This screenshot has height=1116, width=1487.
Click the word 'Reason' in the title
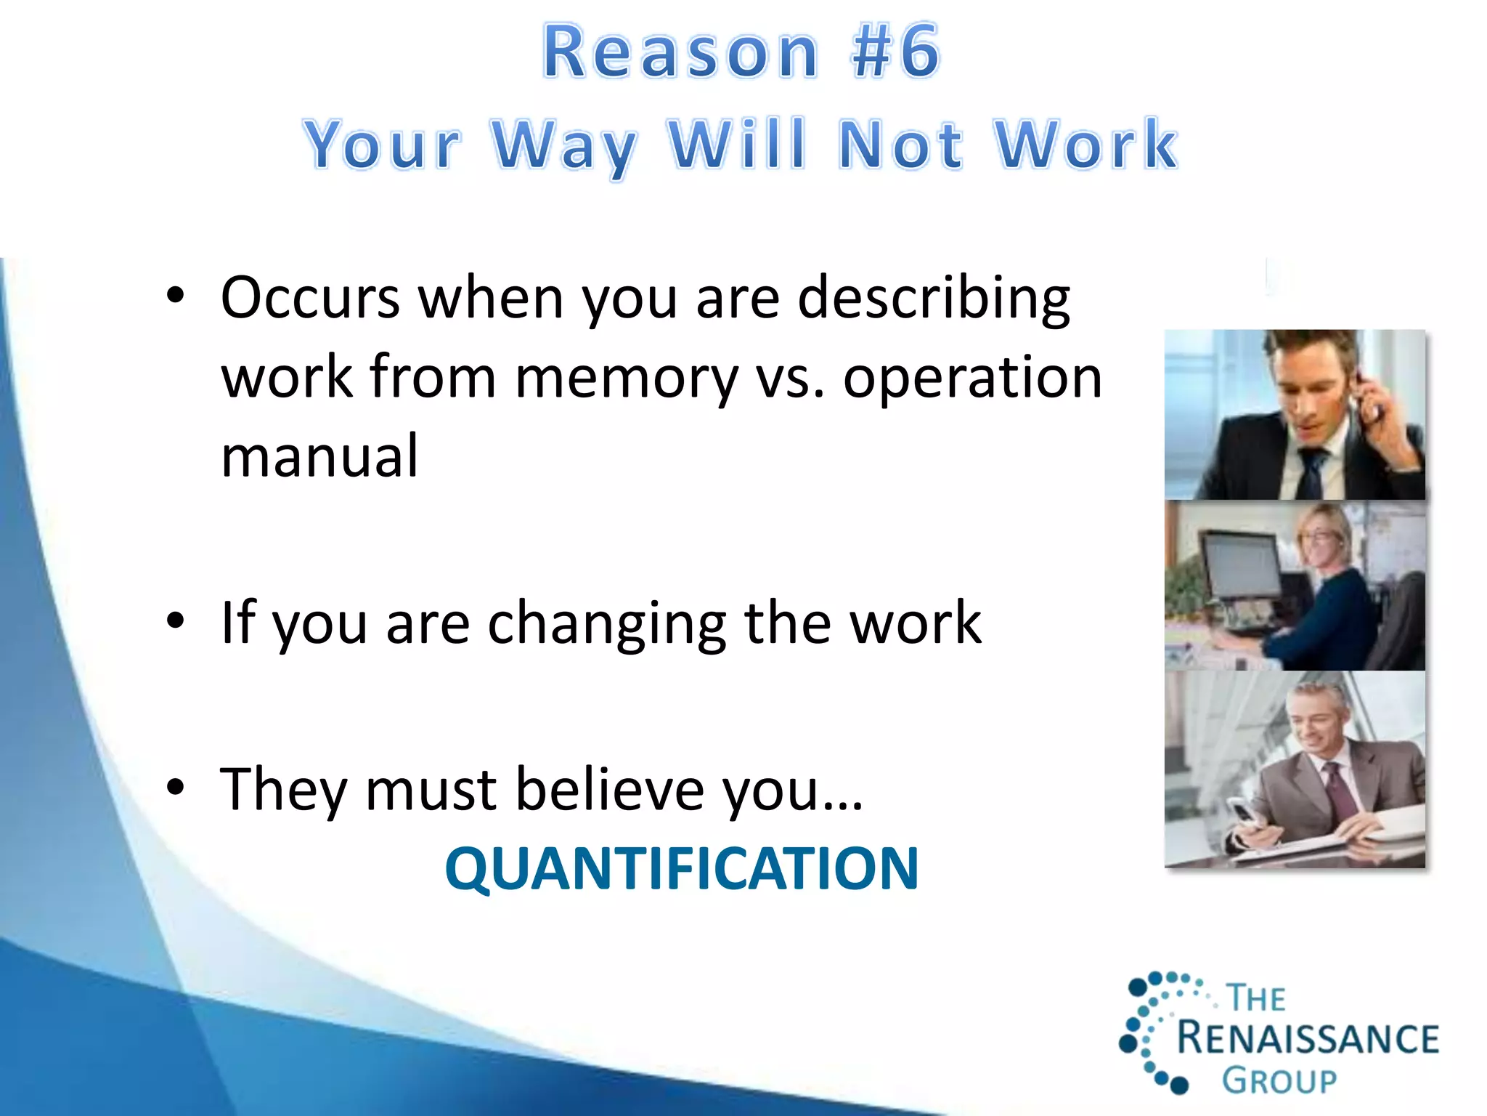coord(681,52)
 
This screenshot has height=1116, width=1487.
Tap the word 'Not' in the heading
coord(900,145)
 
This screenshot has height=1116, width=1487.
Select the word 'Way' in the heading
coord(564,146)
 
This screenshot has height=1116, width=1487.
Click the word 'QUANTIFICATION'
coord(682,869)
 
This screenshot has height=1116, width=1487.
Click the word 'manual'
coord(319,456)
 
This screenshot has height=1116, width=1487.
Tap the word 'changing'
coord(607,623)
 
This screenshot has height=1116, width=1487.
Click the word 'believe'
coord(608,790)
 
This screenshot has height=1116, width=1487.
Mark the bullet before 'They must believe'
coord(176,788)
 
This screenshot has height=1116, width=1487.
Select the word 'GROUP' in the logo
coord(1279,1081)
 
